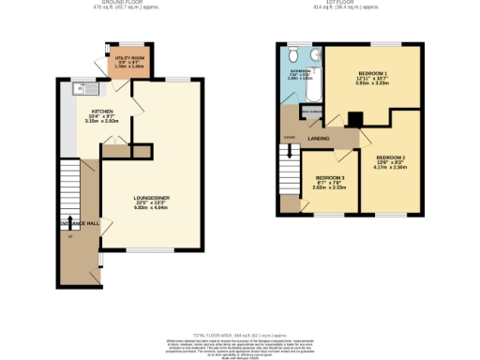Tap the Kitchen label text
(102, 111)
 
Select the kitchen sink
(79, 93)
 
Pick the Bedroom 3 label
(329, 178)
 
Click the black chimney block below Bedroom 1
(355, 119)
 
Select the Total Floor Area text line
(240, 334)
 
